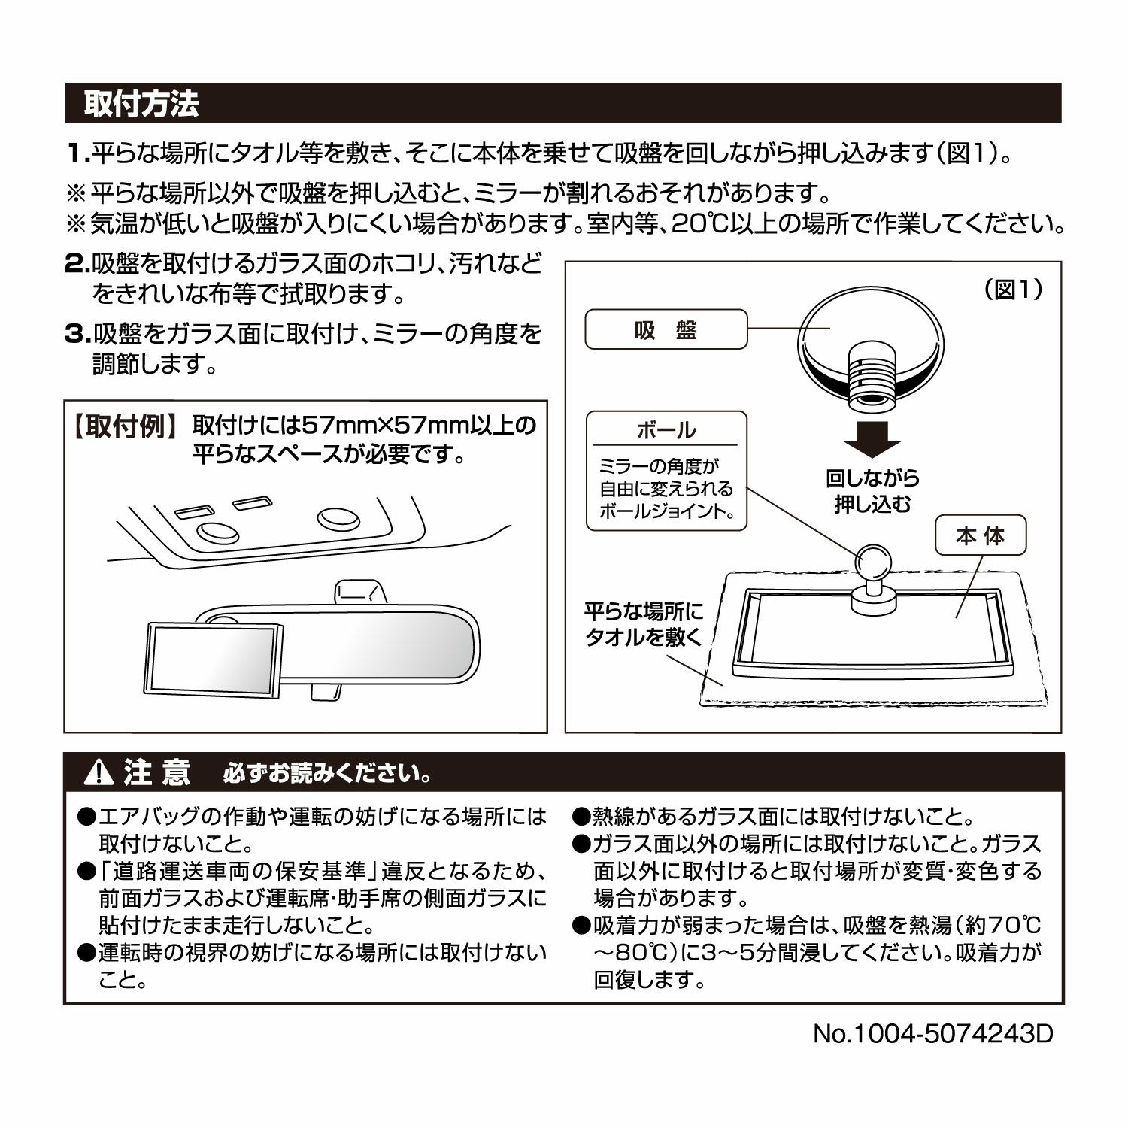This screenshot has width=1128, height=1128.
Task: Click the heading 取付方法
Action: (141, 104)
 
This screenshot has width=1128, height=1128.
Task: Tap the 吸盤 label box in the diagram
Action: (666, 329)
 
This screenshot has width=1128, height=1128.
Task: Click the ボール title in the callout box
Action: (666, 430)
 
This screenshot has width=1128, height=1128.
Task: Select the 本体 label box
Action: (981, 536)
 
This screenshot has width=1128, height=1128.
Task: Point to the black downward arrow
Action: (872, 439)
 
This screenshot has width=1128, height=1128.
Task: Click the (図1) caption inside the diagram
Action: (1012, 290)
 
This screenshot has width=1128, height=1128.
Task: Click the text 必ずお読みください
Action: (327, 773)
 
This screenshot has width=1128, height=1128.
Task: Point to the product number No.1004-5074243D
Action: (932, 1033)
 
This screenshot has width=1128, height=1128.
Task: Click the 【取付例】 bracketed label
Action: (125, 426)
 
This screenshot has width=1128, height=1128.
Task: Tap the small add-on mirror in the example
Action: (215, 657)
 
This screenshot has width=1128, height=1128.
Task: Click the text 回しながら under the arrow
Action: (872, 478)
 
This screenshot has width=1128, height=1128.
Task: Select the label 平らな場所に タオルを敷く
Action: (644, 623)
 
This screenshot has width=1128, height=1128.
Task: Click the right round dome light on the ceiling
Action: (338, 518)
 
